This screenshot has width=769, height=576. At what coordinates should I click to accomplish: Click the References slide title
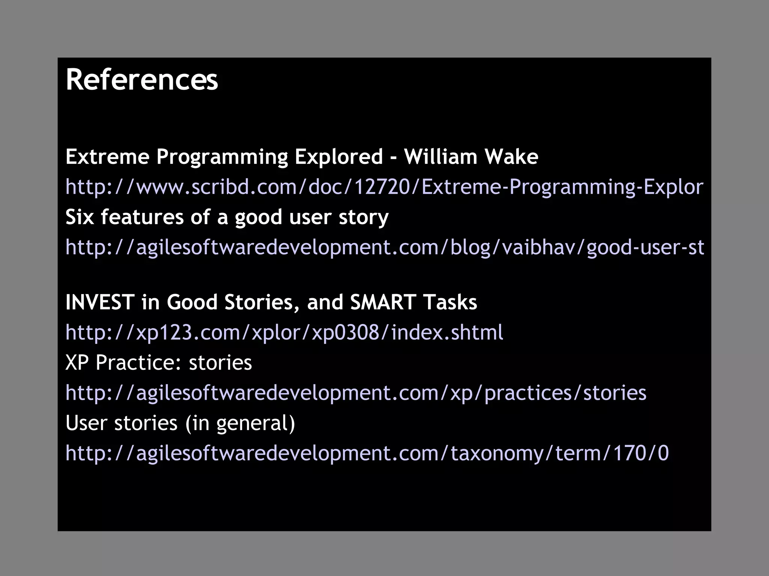pyautogui.click(x=142, y=79)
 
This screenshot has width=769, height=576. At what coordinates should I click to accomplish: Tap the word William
pyautogui.click(x=440, y=156)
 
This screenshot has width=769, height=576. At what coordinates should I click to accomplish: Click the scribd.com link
pyautogui.click(x=384, y=186)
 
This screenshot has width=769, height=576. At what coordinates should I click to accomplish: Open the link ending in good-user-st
pyautogui.click(x=384, y=247)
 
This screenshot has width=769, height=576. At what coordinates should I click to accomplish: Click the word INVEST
pyautogui.click(x=100, y=302)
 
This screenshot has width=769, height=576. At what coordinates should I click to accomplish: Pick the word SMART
pyautogui.click(x=383, y=302)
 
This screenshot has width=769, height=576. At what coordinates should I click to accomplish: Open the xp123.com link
pyautogui.click(x=284, y=332)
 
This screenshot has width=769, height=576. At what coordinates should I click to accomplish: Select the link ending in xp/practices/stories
pyautogui.click(x=356, y=393)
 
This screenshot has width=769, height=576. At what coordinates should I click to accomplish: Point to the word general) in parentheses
pyautogui.click(x=255, y=423)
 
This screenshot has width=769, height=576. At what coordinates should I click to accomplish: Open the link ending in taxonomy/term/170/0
pyautogui.click(x=367, y=453)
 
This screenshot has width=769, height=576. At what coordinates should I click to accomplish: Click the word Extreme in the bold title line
pyautogui.click(x=107, y=156)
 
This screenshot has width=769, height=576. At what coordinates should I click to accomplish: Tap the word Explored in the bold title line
pyautogui.click(x=338, y=156)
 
